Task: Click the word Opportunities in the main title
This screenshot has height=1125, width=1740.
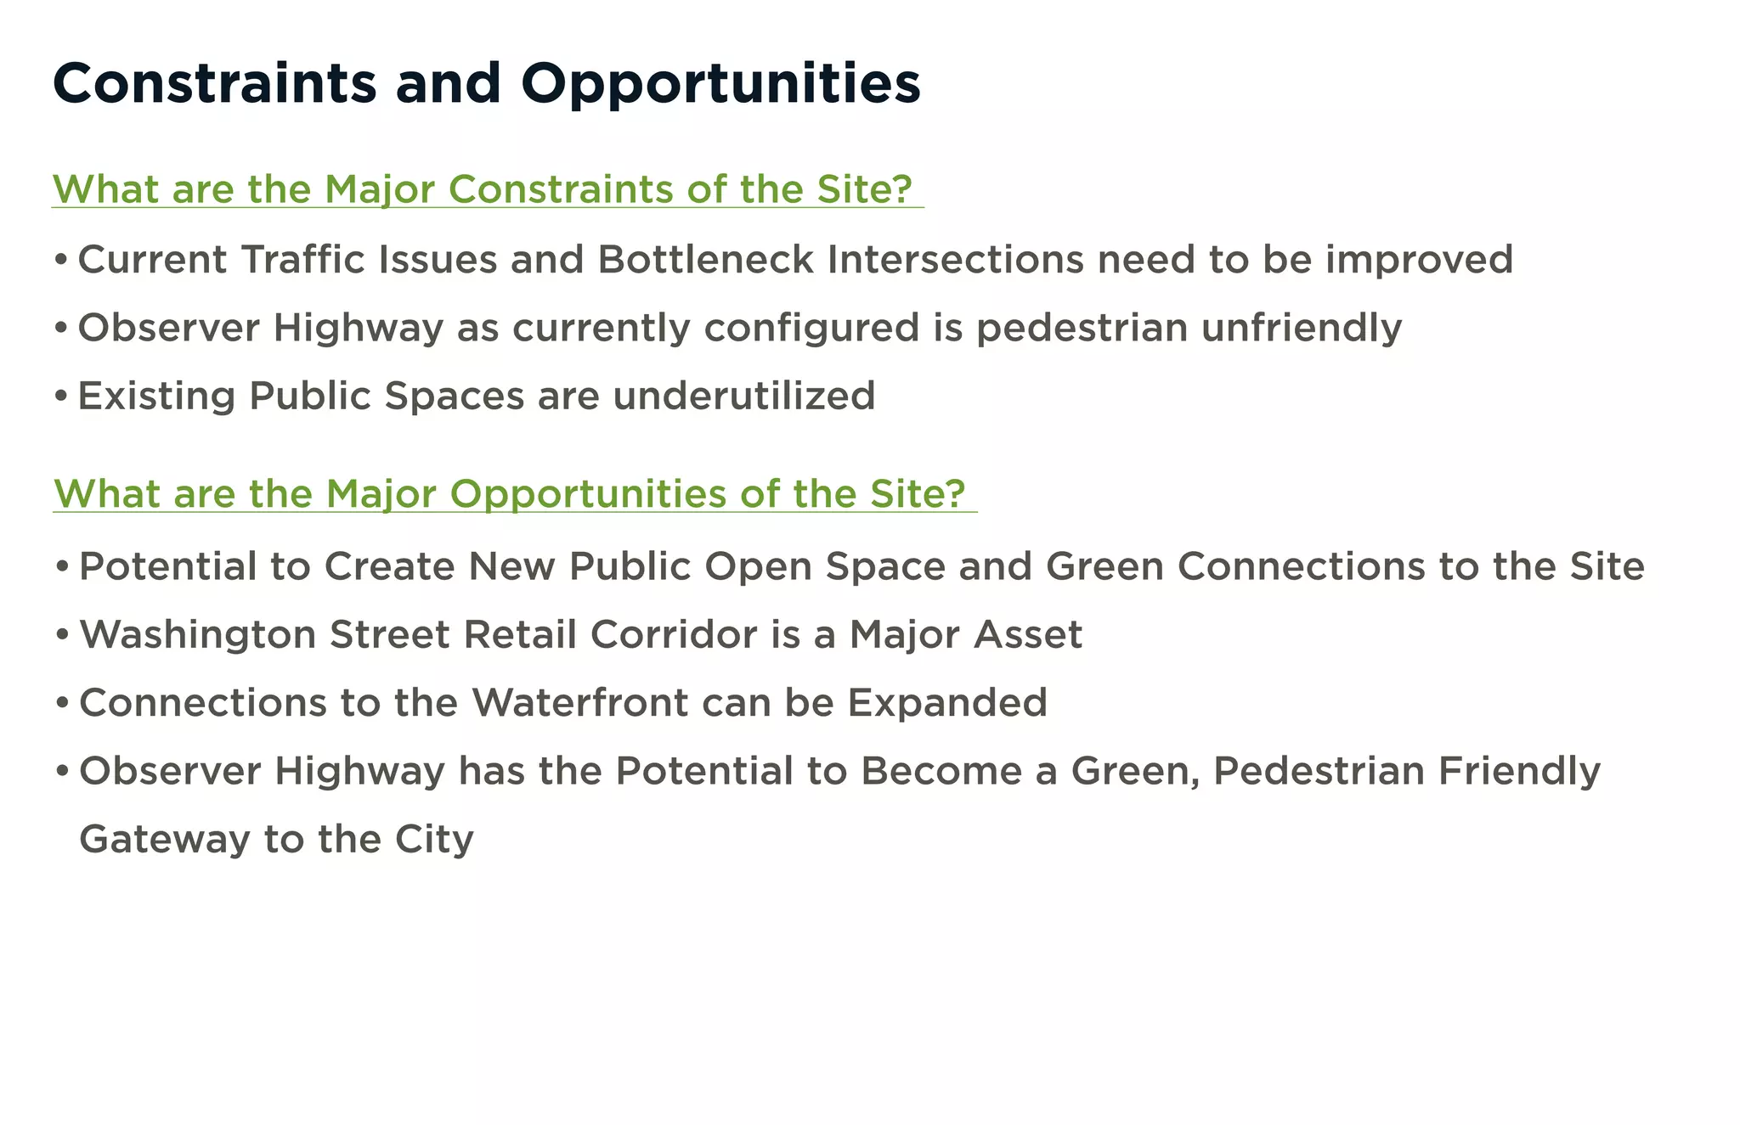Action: (720, 85)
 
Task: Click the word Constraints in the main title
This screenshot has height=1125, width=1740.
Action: (214, 83)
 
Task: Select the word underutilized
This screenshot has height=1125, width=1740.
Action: (743, 397)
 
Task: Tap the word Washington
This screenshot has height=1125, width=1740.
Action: (197, 635)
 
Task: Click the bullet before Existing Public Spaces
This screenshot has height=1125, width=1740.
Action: (60, 397)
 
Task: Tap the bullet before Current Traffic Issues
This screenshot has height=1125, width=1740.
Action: (60, 261)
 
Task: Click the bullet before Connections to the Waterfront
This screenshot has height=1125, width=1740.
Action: (61, 704)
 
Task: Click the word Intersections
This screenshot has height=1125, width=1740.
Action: (955, 260)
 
